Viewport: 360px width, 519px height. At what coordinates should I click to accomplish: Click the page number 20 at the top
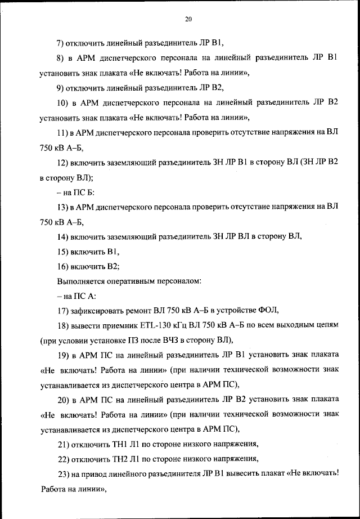pyautogui.click(x=188, y=20)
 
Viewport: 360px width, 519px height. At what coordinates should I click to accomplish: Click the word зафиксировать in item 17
pyautogui.click(x=98, y=310)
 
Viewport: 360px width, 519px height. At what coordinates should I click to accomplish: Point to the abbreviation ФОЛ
pyautogui.click(x=267, y=310)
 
